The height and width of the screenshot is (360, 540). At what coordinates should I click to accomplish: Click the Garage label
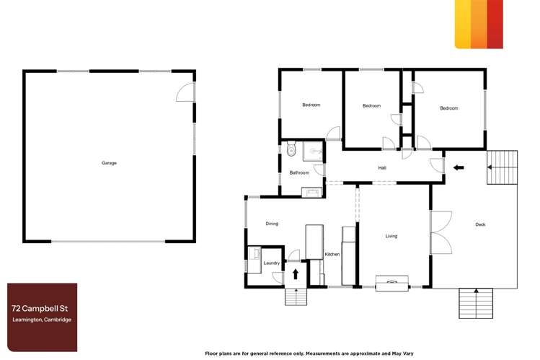coord(109,163)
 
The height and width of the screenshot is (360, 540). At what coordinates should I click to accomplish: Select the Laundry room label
coord(271,263)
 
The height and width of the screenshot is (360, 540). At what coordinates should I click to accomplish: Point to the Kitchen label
coord(332,255)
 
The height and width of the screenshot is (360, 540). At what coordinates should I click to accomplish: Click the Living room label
coord(391,236)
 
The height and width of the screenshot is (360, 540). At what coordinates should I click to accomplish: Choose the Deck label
coord(480,224)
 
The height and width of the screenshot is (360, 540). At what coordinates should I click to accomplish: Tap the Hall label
coord(383,168)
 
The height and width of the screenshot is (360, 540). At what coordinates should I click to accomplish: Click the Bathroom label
coord(299,172)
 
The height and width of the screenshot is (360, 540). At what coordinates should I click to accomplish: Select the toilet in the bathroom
coord(291,150)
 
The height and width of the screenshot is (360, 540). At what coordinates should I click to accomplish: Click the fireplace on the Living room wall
coord(392,281)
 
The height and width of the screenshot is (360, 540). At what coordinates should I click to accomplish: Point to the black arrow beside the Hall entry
coord(458,168)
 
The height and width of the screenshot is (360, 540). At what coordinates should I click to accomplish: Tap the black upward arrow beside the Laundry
coord(296,274)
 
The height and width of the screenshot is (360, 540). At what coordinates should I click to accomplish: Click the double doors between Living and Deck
coord(440,233)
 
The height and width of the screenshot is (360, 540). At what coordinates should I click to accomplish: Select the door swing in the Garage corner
coord(185,92)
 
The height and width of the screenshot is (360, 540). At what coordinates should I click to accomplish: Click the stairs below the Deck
coord(475,302)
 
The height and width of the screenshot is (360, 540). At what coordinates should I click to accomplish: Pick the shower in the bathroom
coord(314,151)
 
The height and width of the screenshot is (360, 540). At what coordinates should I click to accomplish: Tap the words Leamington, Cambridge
coord(41,320)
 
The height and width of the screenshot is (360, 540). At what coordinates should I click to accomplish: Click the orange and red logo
coord(479,24)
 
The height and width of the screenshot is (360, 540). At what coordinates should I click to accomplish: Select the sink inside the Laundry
coord(254,255)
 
